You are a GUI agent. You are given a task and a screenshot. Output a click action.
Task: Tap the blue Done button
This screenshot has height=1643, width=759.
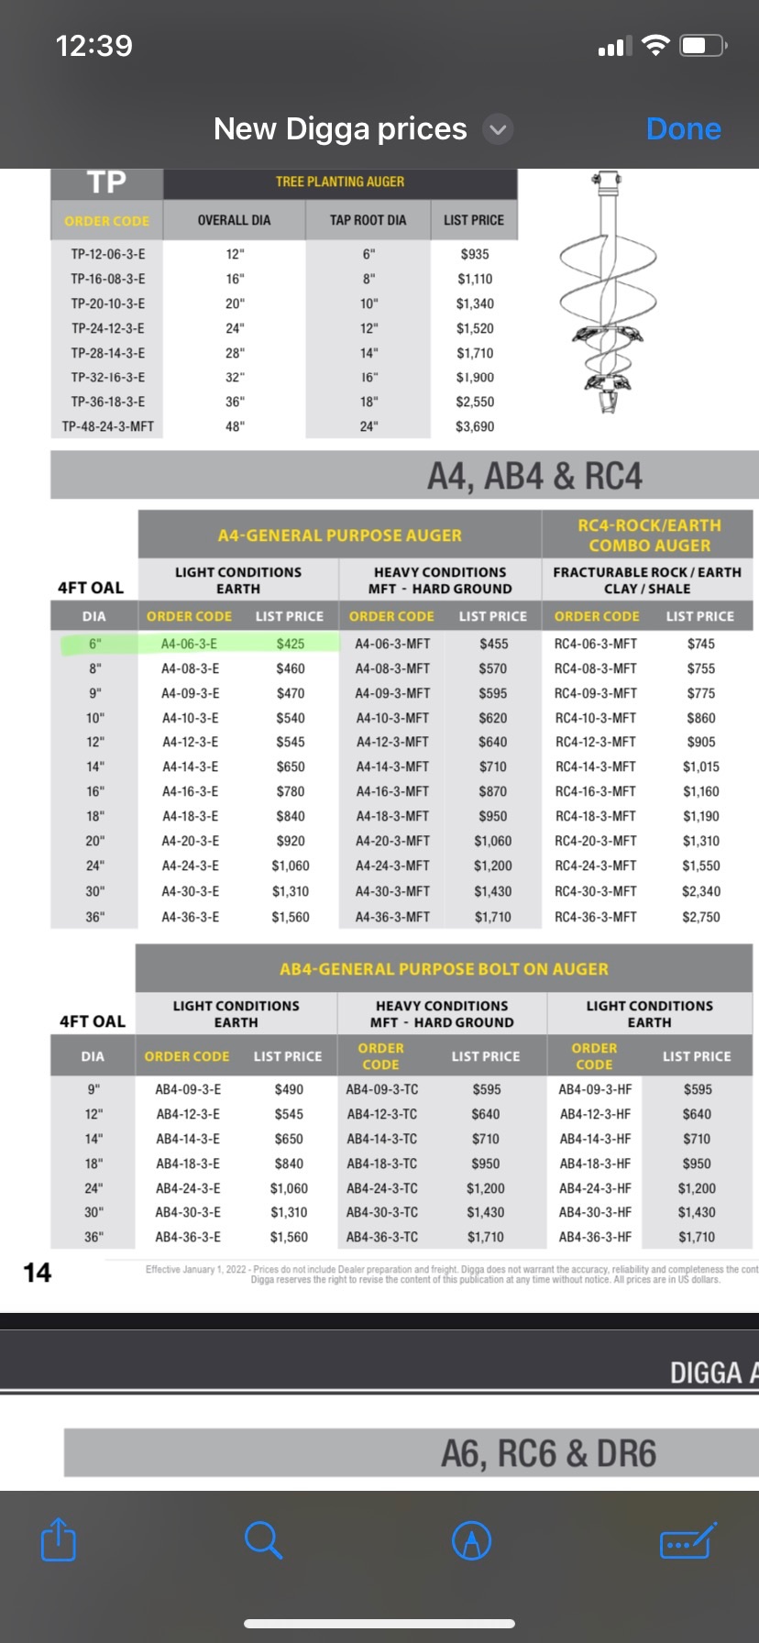[683, 129]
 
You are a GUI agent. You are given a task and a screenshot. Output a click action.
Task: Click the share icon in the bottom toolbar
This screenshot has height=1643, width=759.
[59, 1539]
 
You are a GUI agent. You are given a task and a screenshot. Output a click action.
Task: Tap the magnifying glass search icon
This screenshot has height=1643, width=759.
[263, 1539]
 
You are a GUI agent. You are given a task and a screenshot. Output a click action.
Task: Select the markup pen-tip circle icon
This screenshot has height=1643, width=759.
[472, 1540]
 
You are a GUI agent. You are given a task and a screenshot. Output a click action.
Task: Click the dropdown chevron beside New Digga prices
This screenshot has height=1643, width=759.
[498, 129]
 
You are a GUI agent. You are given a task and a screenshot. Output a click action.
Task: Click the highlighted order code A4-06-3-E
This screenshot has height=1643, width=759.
[190, 644]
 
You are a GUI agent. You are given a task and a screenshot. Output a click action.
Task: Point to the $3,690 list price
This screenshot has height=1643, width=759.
[475, 426]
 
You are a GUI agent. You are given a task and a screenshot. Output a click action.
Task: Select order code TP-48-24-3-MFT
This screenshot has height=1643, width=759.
[107, 426]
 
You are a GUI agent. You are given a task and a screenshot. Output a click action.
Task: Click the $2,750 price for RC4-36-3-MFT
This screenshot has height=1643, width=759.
[701, 917]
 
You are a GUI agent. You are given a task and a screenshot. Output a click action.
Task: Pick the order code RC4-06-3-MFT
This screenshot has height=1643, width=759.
[596, 644]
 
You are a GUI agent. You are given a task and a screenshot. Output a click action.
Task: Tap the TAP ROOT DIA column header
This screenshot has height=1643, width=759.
[368, 220]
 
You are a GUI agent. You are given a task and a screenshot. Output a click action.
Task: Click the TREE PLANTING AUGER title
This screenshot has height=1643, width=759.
[340, 182]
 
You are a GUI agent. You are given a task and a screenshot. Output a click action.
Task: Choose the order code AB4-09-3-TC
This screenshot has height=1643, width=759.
[382, 1089]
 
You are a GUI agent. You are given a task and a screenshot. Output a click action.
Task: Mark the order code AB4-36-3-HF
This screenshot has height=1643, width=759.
[595, 1237]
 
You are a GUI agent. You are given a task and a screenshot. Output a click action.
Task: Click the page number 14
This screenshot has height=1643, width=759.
[38, 1272]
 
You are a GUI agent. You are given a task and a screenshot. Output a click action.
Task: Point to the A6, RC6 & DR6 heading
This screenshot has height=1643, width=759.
[548, 1453]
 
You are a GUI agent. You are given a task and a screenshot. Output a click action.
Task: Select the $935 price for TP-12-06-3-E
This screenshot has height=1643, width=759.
[475, 254]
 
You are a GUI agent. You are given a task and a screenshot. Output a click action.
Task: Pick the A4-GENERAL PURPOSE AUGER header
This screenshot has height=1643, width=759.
[340, 535]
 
